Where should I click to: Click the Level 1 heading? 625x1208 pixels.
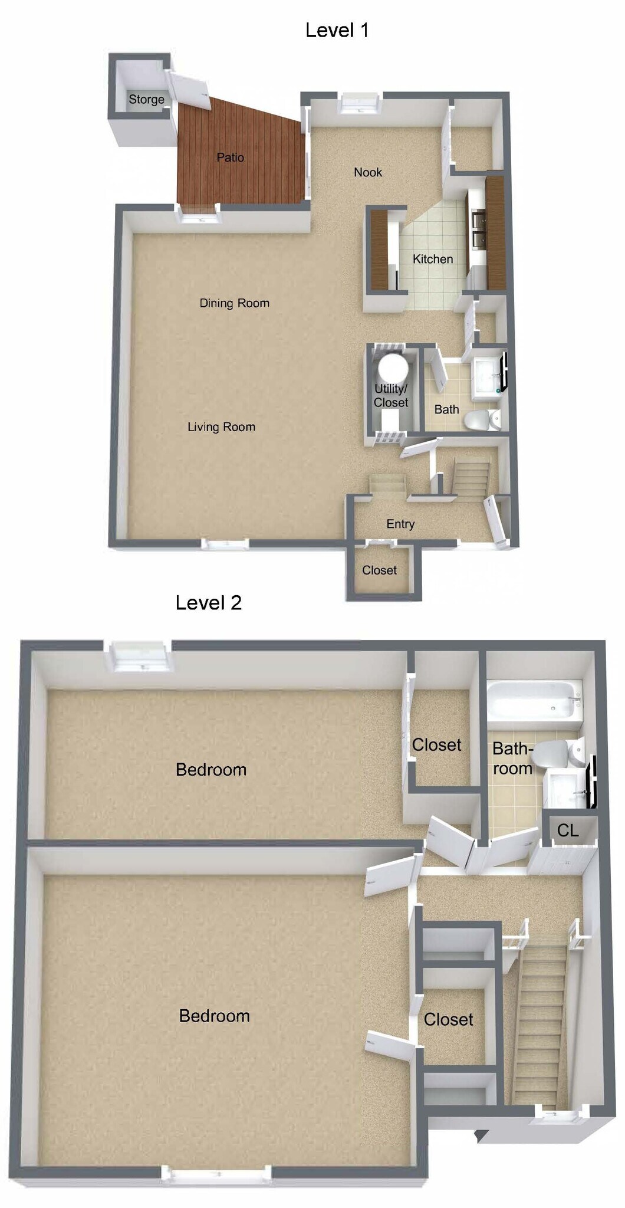(x=337, y=30)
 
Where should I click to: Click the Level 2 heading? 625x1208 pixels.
(x=209, y=603)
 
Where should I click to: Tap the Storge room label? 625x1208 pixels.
(x=146, y=99)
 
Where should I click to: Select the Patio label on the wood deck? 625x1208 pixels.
(x=230, y=157)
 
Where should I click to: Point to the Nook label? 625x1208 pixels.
(x=368, y=172)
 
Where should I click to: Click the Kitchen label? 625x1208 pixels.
(x=433, y=259)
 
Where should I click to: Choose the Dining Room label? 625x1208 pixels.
(x=234, y=303)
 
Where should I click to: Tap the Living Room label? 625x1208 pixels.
(x=221, y=427)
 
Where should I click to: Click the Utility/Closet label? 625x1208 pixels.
(x=390, y=395)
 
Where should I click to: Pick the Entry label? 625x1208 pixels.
(x=400, y=524)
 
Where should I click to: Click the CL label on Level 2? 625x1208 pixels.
(x=568, y=830)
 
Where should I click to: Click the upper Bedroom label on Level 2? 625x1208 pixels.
(x=211, y=769)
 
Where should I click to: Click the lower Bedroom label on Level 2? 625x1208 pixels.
(x=214, y=1016)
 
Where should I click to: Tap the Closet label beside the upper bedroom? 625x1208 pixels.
(x=436, y=745)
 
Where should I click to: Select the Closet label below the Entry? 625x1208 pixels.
(x=379, y=570)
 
